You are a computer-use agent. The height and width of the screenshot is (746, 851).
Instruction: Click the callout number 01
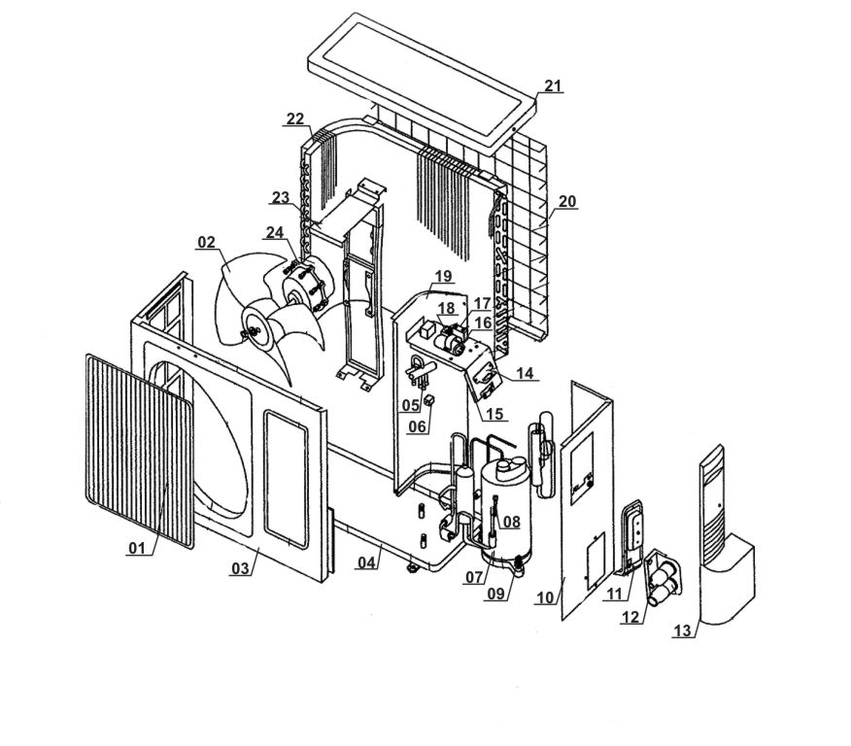(x=136, y=548)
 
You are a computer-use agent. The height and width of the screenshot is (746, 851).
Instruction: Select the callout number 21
(x=553, y=86)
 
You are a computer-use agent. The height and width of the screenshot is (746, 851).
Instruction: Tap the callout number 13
(x=684, y=631)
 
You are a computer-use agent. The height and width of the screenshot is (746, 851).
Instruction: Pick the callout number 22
(x=295, y=119)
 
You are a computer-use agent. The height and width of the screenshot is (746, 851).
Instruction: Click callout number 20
(x=567, y=201)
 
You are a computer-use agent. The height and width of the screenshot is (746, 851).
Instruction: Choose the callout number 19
(x=443, y=276)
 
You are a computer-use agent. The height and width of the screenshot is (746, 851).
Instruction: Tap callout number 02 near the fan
(x=206, y=241)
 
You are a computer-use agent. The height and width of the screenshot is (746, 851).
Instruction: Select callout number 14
(x=526, y=373)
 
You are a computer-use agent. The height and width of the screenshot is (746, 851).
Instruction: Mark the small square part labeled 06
(x=427, y=399)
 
